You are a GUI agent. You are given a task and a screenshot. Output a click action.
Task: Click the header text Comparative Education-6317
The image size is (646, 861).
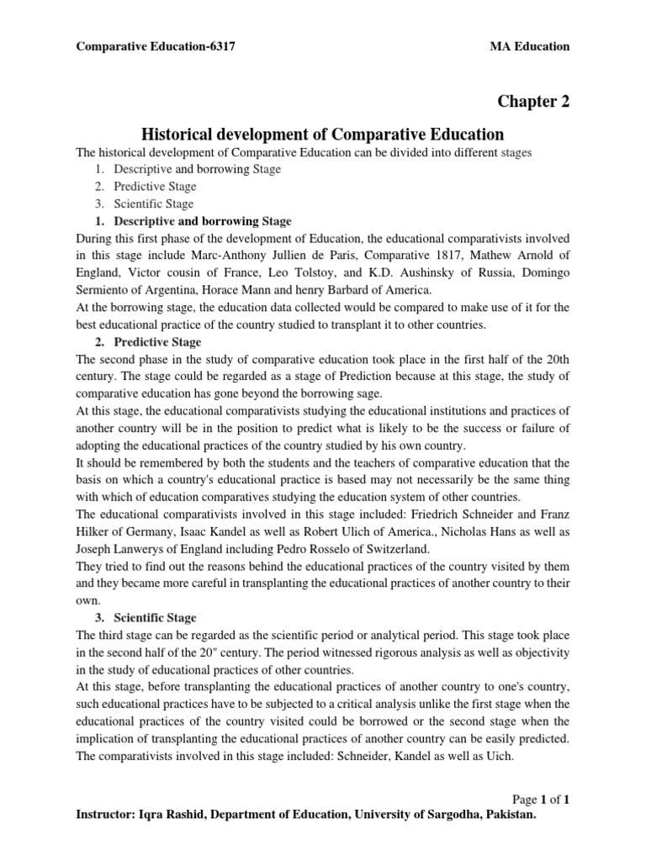tap(156, 47)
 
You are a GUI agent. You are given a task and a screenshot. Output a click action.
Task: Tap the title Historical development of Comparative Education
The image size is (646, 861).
tap(322, 135)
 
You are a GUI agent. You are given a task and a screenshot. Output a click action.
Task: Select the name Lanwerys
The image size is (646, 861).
tap(137, 552)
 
